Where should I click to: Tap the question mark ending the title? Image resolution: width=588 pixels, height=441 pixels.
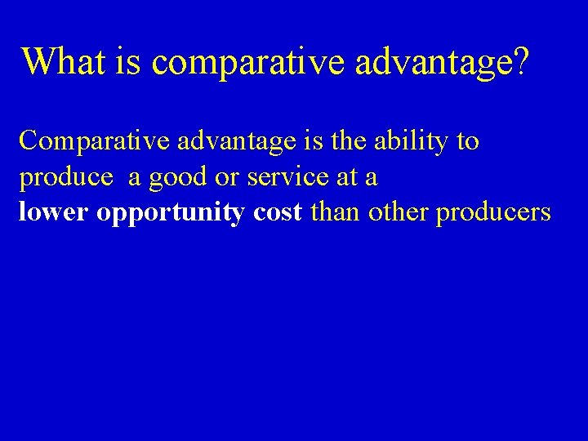pos(520,61)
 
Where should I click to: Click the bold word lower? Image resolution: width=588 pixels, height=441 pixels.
pos(54,212)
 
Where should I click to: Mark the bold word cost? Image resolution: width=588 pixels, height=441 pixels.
pos(278,212)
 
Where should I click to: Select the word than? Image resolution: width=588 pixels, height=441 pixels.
pos(336,212)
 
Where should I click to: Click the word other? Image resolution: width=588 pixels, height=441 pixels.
pos(399,212)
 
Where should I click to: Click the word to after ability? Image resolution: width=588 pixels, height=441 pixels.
pos(468,142)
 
